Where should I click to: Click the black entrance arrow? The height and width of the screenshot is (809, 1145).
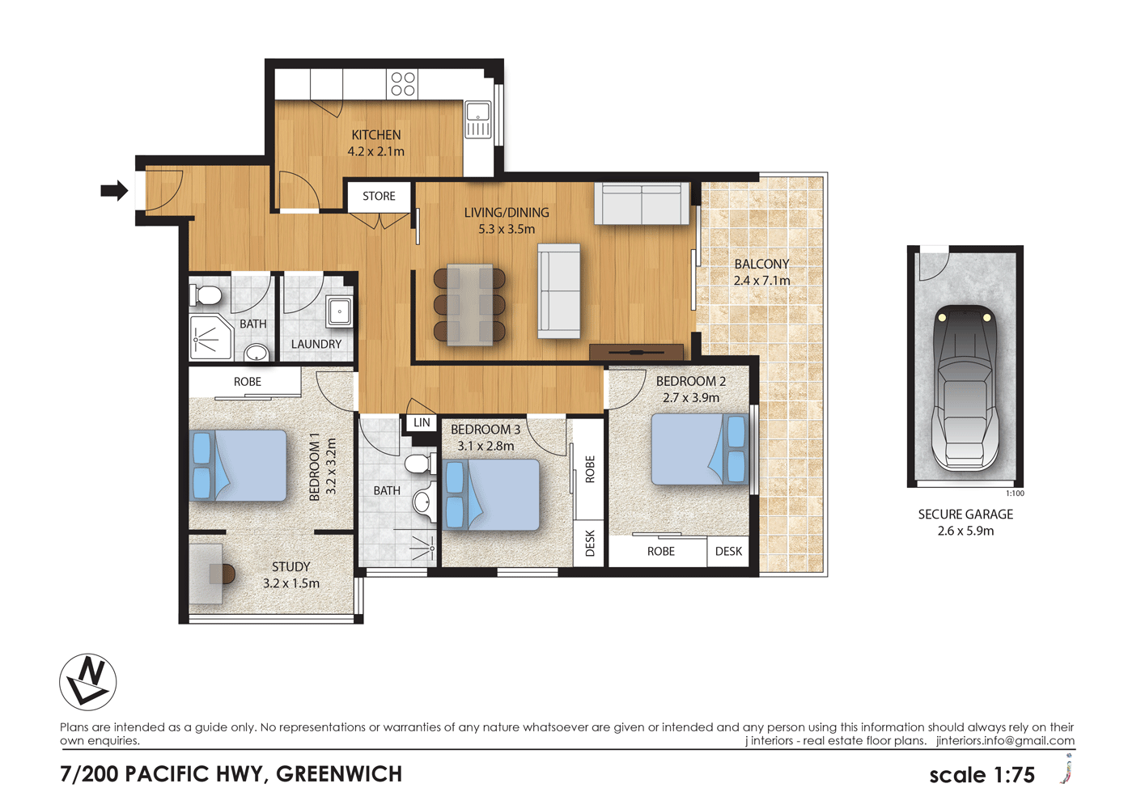click(114, 191)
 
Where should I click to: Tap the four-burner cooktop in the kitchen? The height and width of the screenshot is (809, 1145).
click(403, 84)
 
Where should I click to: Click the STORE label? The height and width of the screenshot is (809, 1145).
click(379, 197)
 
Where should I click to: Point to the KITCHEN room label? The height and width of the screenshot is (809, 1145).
click(375, 135)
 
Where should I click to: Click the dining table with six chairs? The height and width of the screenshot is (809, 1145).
click(469, 305)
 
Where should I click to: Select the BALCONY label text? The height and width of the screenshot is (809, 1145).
click(761, 264)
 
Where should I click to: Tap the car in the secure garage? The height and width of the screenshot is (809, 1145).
click(965, 388)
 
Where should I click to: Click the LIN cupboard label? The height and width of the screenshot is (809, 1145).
click(422, 423)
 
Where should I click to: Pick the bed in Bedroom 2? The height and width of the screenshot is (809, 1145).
click(698, 450)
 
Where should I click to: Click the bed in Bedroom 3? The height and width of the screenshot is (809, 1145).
click(491, 494)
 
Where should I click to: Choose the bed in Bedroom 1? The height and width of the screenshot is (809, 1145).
click(238, 466)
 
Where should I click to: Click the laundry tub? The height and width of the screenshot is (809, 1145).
click(339, 311)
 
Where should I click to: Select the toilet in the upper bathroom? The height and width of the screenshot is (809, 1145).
click(207, 294)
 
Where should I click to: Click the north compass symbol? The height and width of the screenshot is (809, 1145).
click(87, 682)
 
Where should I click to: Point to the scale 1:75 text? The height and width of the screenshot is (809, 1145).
click(982, 775)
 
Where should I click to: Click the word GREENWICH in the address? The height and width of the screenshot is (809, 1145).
click(339, 774)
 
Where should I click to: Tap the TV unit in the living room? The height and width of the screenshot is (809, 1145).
click(636, 352)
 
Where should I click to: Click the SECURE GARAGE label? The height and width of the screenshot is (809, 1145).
click(965, 515)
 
